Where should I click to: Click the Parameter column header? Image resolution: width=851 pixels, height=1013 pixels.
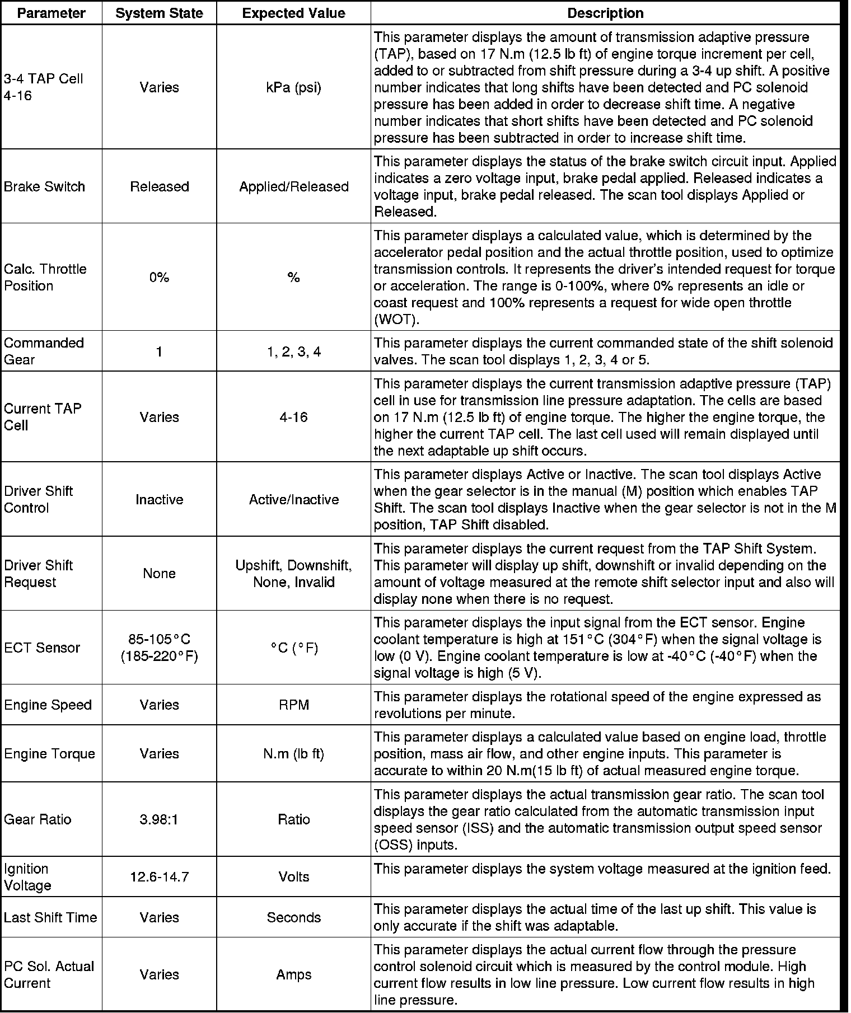(x=51, y=13)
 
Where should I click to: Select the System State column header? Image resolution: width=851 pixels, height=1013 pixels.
(x=159, y=13)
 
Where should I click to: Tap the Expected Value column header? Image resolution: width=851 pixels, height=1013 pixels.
(x=293, y=13)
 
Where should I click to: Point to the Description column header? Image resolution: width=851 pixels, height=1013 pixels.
(x=605, y=13)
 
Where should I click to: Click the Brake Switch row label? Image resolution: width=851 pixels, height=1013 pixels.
(x=44, y=186)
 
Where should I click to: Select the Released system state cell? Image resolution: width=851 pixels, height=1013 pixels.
(x=159, y=186)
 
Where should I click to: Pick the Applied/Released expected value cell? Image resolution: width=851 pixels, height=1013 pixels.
(x=293, y=186)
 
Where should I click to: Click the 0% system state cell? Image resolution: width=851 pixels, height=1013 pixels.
(x=159, y=278)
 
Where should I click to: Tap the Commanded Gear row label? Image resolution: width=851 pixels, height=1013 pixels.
(x=44, y=351)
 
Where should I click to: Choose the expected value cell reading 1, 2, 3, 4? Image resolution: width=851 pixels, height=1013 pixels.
(x=293, y=352)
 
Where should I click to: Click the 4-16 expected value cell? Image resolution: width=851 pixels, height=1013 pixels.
(x=293, y=417)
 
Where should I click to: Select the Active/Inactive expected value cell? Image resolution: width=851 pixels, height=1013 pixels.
(x=293, y=499)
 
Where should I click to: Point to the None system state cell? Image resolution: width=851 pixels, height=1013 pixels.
(x=159, y=574)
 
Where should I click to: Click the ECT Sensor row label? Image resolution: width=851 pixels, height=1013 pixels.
(x=42, y=648)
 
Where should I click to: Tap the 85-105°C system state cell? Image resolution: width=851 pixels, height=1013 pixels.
(x=159, y=648)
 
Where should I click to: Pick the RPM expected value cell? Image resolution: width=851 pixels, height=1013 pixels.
(x=293, y=705)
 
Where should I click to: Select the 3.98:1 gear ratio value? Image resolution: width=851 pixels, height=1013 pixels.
(x=159, y=819)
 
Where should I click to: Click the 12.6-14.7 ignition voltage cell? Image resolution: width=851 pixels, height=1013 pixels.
(x=159, y=877)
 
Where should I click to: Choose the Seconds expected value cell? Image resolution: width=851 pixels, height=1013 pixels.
(x=293, y=917)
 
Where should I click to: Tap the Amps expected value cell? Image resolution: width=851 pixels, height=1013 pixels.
(x=293, y=974)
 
